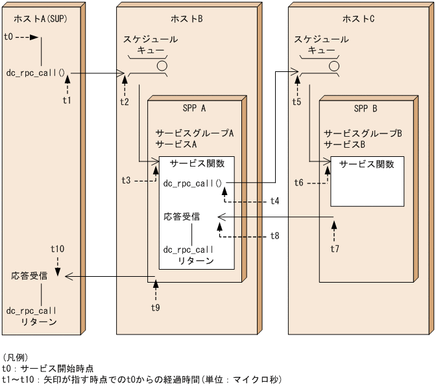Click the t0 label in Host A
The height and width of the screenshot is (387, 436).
point(8,37)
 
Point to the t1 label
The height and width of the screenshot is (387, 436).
point(66,100)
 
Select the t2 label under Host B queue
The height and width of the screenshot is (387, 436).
point(125,101)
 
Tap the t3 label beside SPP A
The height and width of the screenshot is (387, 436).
point(127,180)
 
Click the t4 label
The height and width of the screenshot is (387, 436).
point(275,201)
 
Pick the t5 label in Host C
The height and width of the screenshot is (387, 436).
point(297,101)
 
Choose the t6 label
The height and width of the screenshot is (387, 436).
point(298,183)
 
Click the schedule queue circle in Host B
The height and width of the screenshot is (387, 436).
point(162,65)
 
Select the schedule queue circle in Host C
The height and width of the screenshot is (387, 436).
point(333,65)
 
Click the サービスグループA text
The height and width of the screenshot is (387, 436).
point(194,132)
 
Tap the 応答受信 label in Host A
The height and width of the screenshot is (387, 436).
point(29,276)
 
